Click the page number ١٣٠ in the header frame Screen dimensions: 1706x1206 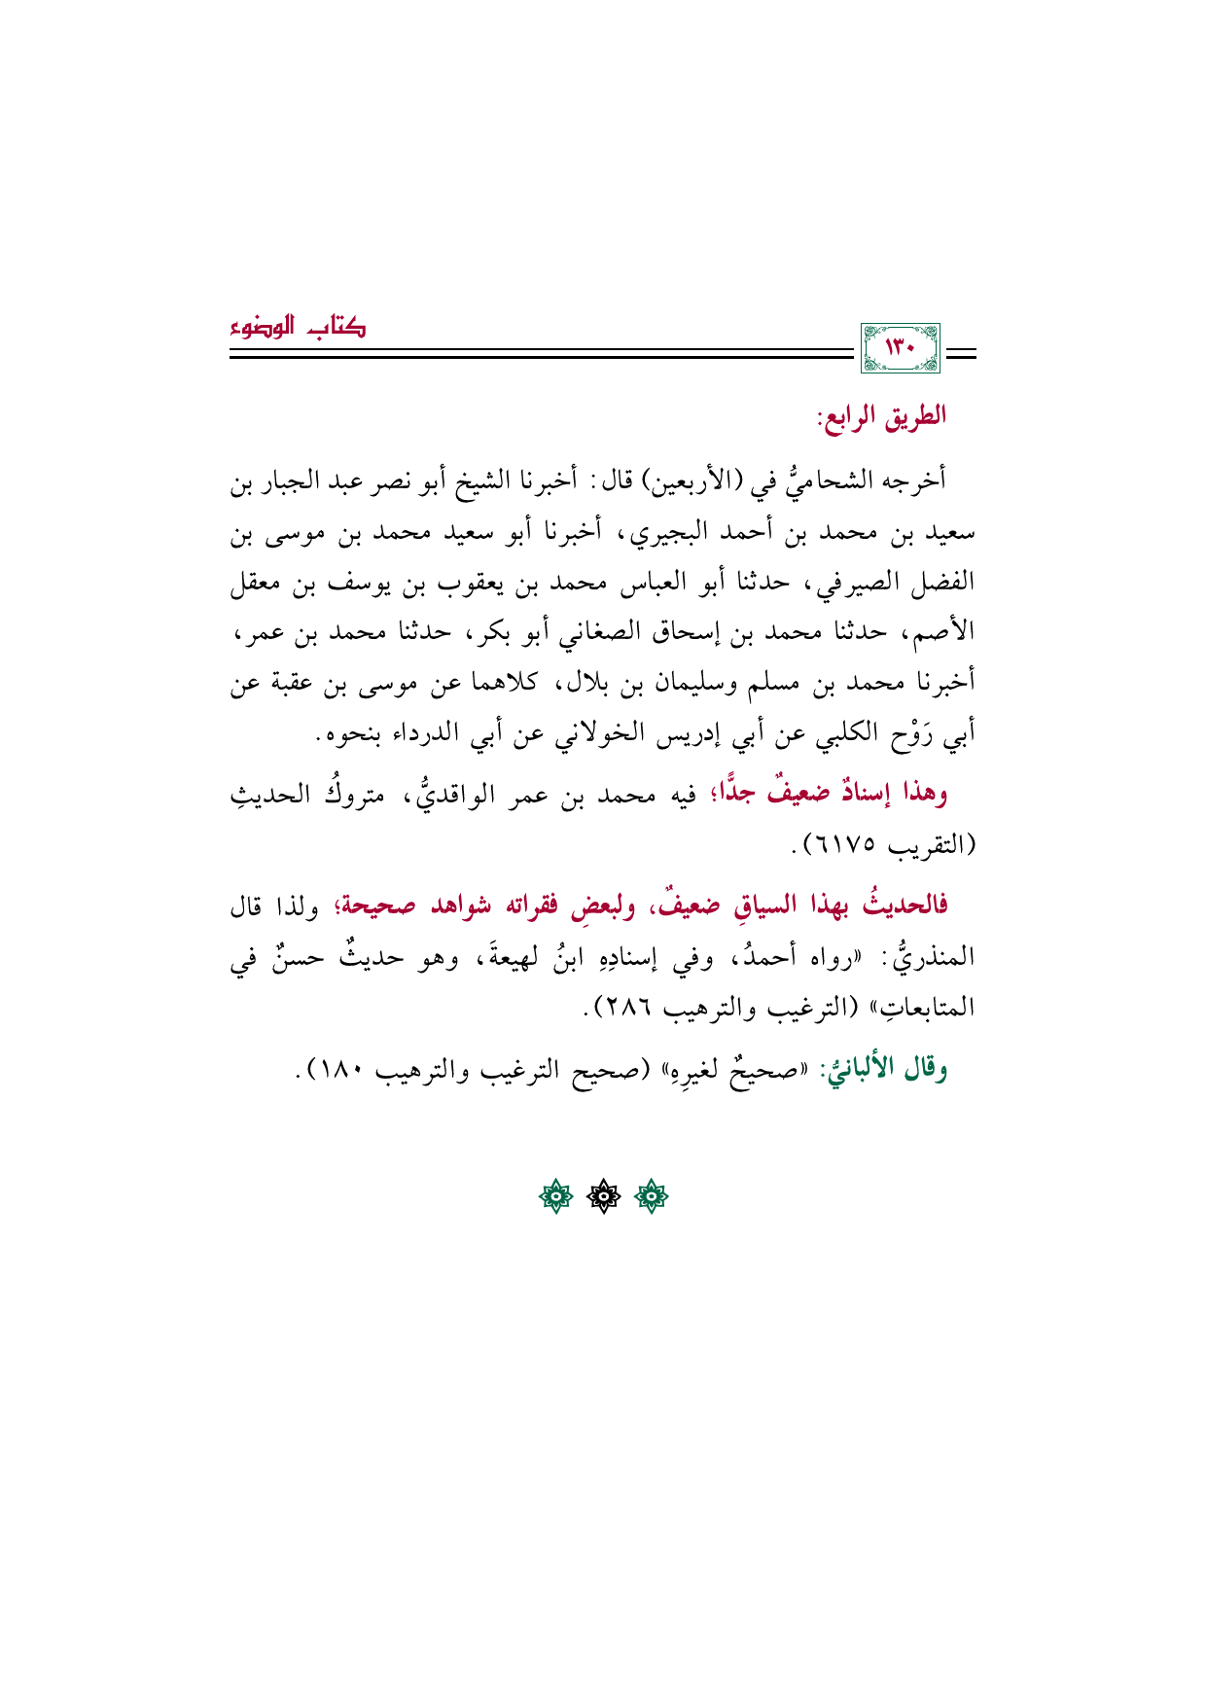[901, 348]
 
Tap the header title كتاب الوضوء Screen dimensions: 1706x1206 [298, 328]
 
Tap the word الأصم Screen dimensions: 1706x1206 [940, 632]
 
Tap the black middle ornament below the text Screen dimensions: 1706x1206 [603, 1197]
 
